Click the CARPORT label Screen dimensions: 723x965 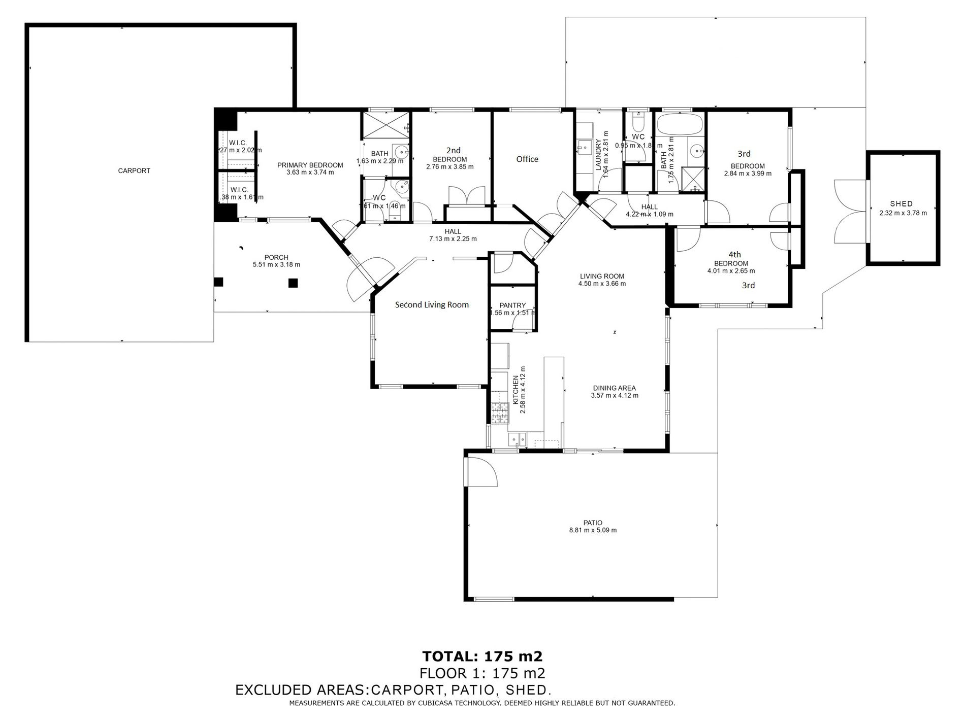coord(134,171)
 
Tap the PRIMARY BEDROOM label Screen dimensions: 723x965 coord(310,165)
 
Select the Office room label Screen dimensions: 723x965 coord(527,159)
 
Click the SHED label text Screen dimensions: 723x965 coord(901,204)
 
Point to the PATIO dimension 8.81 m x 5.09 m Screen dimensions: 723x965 coord(593,530)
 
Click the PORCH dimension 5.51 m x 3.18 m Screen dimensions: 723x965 coord(276,265)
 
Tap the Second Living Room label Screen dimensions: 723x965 coord(432,305)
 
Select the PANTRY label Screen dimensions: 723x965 coord(512,305)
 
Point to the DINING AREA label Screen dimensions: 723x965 coord(615,388)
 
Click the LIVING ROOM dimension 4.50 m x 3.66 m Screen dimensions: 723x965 coord(602,284)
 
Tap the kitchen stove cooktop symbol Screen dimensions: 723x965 coord(500,412)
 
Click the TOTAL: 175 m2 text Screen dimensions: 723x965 coord(482,656)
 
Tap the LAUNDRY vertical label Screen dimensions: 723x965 coord(598,155)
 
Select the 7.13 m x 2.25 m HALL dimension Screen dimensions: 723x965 coord(453,239)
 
